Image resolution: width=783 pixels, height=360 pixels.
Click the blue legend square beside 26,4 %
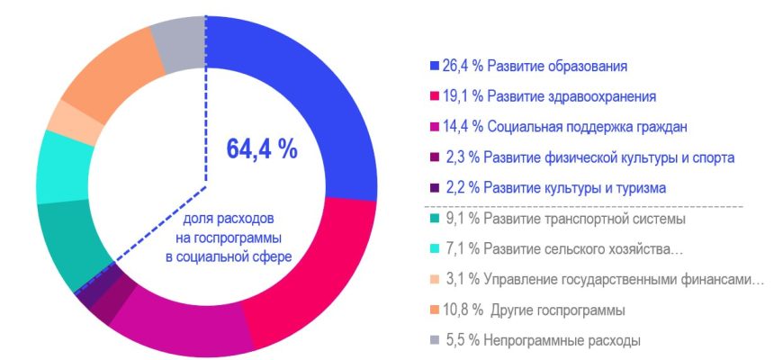[435, 67]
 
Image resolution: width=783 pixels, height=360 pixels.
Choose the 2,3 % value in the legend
[462, 157]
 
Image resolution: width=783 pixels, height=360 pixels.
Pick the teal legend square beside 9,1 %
[434, 219]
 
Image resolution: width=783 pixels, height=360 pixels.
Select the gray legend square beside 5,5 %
[434, 341]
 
